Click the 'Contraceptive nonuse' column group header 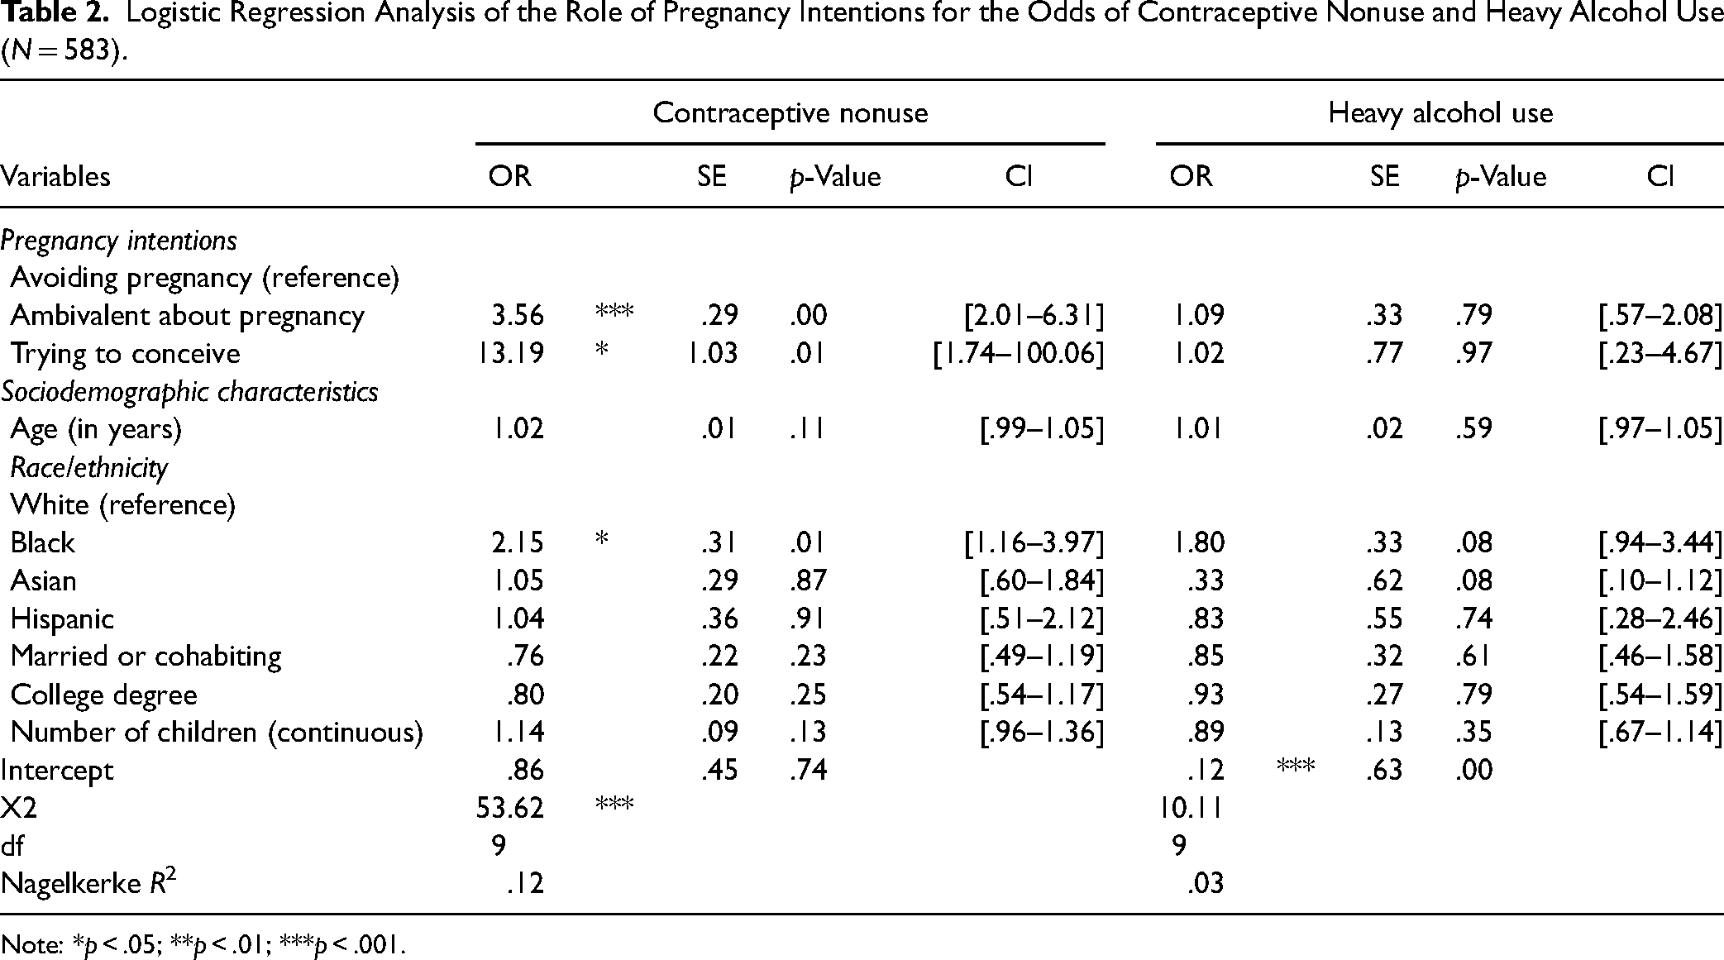(x=790, y=112)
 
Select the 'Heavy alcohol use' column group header (x=1440, y=112)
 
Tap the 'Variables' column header (x=55, y=176)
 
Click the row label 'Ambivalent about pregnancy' (x=188, y=315)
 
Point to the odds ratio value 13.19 (x=509, y=353)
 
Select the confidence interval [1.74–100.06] (x=1019, y=353)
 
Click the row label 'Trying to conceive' (x=126, y=353)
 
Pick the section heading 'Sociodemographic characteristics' (x=189, y=391)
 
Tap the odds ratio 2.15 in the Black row (x=518, y=542)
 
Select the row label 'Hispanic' (x=62, y=619)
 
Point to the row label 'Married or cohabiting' (x=146, y=656)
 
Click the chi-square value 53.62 (x=509, y=807)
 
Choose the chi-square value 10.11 (x=1191, y=807)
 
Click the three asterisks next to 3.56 (x=614, y=313)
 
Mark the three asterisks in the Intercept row (x=1295, y=767)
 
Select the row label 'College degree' (x=104, y=695)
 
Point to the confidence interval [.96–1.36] (x=1042, y=732)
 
